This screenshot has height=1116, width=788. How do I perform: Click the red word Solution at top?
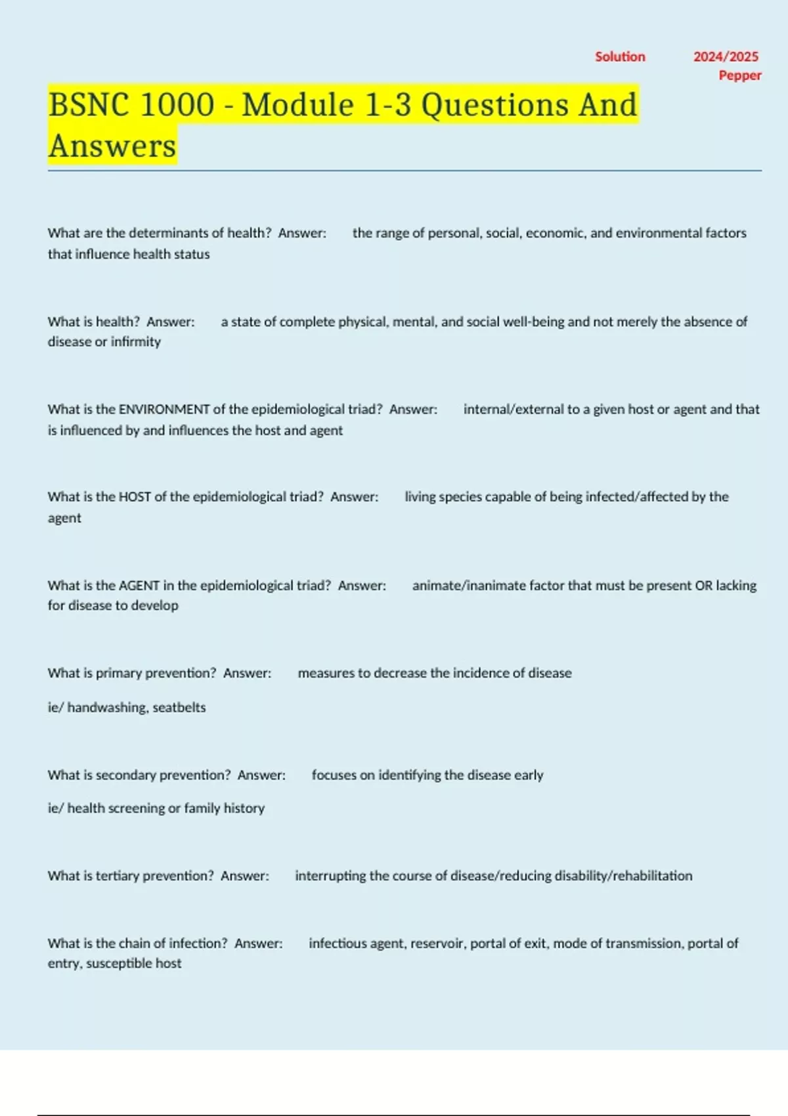point(620,56)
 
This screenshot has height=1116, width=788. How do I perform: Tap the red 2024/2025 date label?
point(726,56)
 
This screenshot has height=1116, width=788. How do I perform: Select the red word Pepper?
point(740,75)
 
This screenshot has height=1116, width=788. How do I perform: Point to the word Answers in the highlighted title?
point(112,146)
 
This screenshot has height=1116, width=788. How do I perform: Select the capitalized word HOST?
point(135,497)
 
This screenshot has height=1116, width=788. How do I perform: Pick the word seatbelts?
point(179,708)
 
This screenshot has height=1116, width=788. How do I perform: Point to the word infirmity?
point(135,342)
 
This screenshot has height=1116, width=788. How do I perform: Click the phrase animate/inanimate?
point(469,586)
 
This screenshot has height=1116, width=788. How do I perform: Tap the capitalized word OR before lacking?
point(703,586)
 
